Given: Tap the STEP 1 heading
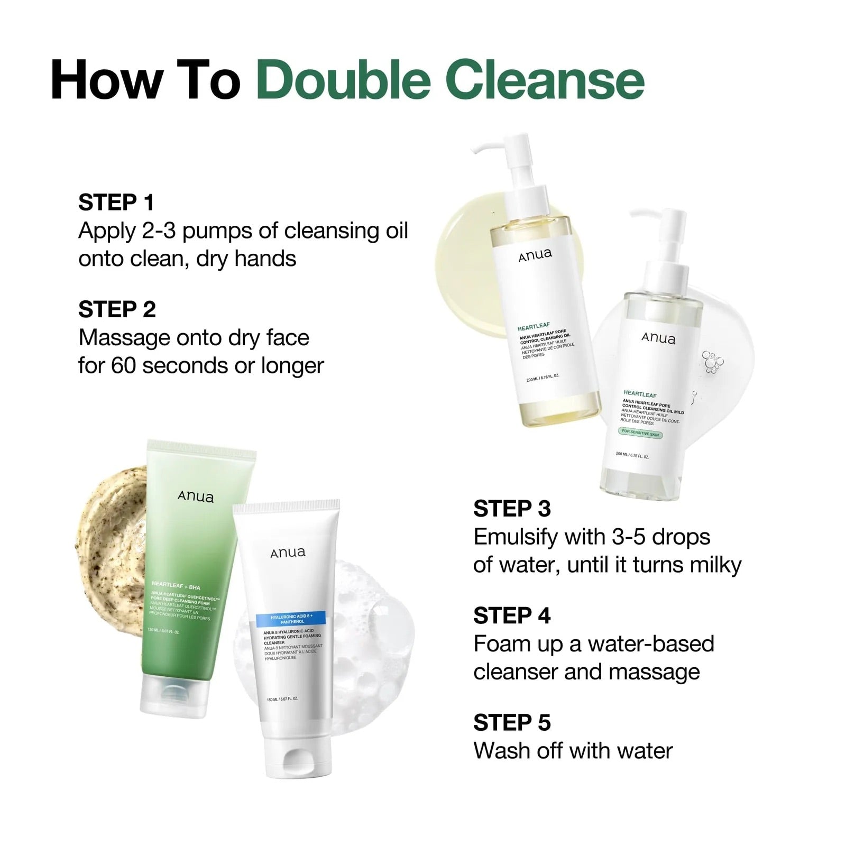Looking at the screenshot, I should click(116, 202).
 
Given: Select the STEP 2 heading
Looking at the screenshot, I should click(117, 309).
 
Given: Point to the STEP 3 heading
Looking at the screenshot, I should click(512, 509).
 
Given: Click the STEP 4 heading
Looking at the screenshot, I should click(512, 615).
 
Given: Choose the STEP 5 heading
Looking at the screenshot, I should click(512, 722).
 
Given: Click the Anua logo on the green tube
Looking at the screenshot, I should click(196, 496).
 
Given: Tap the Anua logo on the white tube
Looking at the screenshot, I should click(288, 553).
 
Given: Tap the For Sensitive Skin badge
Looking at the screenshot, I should click(640, 433).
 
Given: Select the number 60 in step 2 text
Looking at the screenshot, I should click(123, 365).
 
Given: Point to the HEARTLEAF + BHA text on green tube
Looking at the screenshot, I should click(176, 585).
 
